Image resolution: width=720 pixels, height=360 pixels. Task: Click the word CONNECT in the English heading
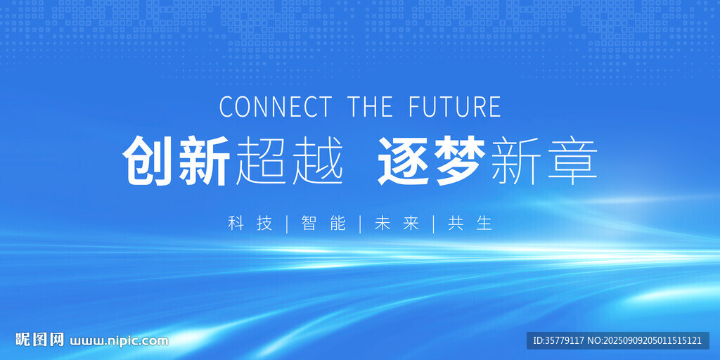pos(275,106)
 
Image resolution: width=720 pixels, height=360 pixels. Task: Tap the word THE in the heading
pos(370,106)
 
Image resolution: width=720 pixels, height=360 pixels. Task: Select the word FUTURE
pos(455,106)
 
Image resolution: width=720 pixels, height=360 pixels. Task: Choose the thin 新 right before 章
pos(517,161)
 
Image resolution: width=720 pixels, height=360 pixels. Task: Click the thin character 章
pos(572,161)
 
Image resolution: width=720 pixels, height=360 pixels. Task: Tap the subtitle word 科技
pos(250,223)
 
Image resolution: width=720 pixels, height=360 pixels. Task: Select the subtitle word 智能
pos(323,223)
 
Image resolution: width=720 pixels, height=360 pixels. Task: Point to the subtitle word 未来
pos(397,223)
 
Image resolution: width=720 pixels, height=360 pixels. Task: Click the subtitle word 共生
pos(470,223)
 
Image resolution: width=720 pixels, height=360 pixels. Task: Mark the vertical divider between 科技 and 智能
pos(287,224)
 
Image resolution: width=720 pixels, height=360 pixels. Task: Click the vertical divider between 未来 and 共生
pos(433,224)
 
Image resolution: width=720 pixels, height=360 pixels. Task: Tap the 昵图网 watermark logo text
pos(39,340)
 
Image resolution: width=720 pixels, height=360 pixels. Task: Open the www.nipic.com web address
pos(119,341)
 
